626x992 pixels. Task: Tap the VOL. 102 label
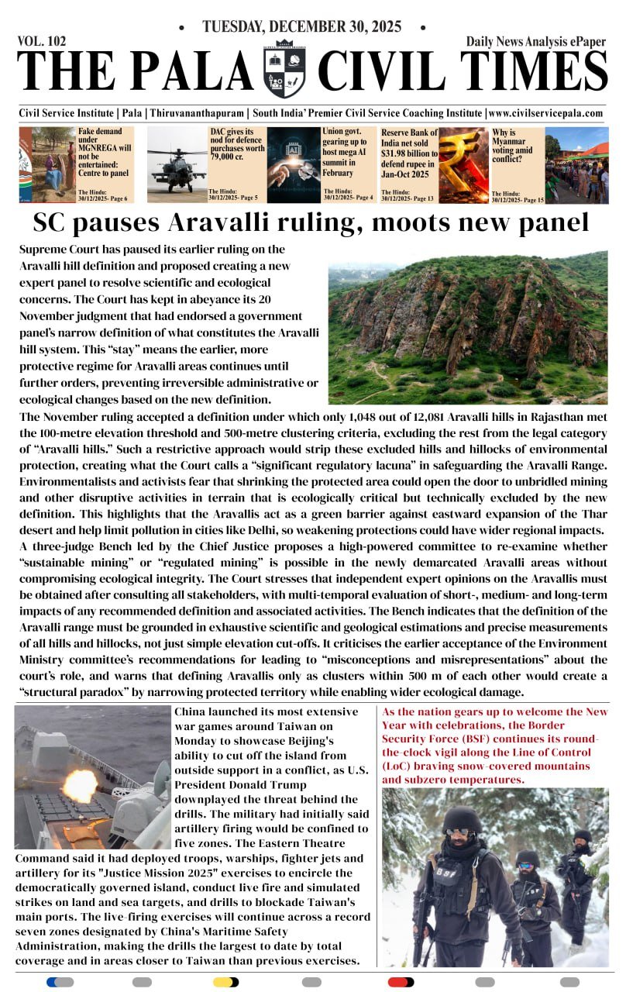click(x=42, y=42)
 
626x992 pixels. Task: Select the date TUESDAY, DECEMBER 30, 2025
click(x=301, y=27)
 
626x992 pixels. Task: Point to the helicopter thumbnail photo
click(x=177, y=164)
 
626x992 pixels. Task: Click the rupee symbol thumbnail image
click(x=463, y=165)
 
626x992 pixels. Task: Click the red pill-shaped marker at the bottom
click(x=401, y=982)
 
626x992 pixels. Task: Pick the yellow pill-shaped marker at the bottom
click(x=225, y=982)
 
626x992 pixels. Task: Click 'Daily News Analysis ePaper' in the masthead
click(x=536, y=42)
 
